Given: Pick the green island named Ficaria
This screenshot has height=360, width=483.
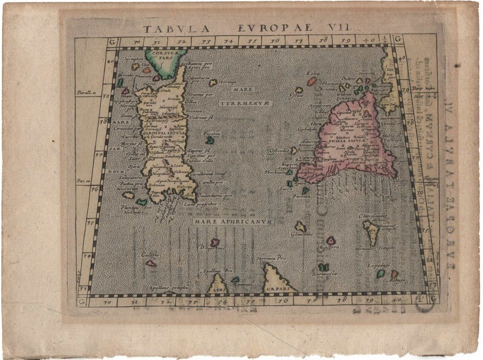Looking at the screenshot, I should coord(210,140).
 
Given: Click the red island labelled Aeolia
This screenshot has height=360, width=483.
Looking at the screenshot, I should coord(312,81).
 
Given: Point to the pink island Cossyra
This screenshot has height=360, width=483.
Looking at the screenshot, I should coord(331,240).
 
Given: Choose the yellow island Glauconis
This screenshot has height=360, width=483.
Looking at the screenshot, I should coord(300,227).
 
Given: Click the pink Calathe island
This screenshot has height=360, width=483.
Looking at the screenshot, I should coord(151,263).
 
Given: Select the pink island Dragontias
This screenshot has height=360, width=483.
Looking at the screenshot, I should coord(214,242).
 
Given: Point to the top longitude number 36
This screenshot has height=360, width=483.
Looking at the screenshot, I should coord(275,40).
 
